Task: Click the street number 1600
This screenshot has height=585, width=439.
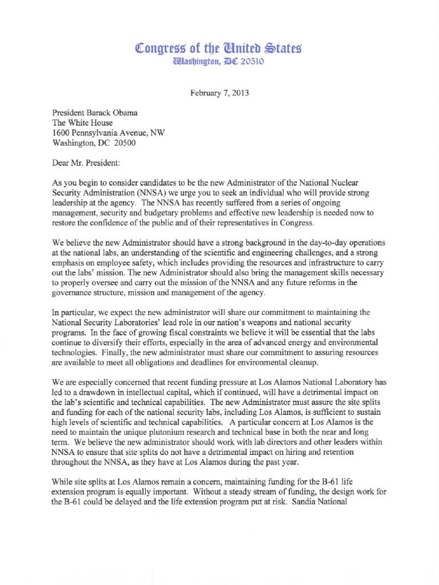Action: coord(61,133)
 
